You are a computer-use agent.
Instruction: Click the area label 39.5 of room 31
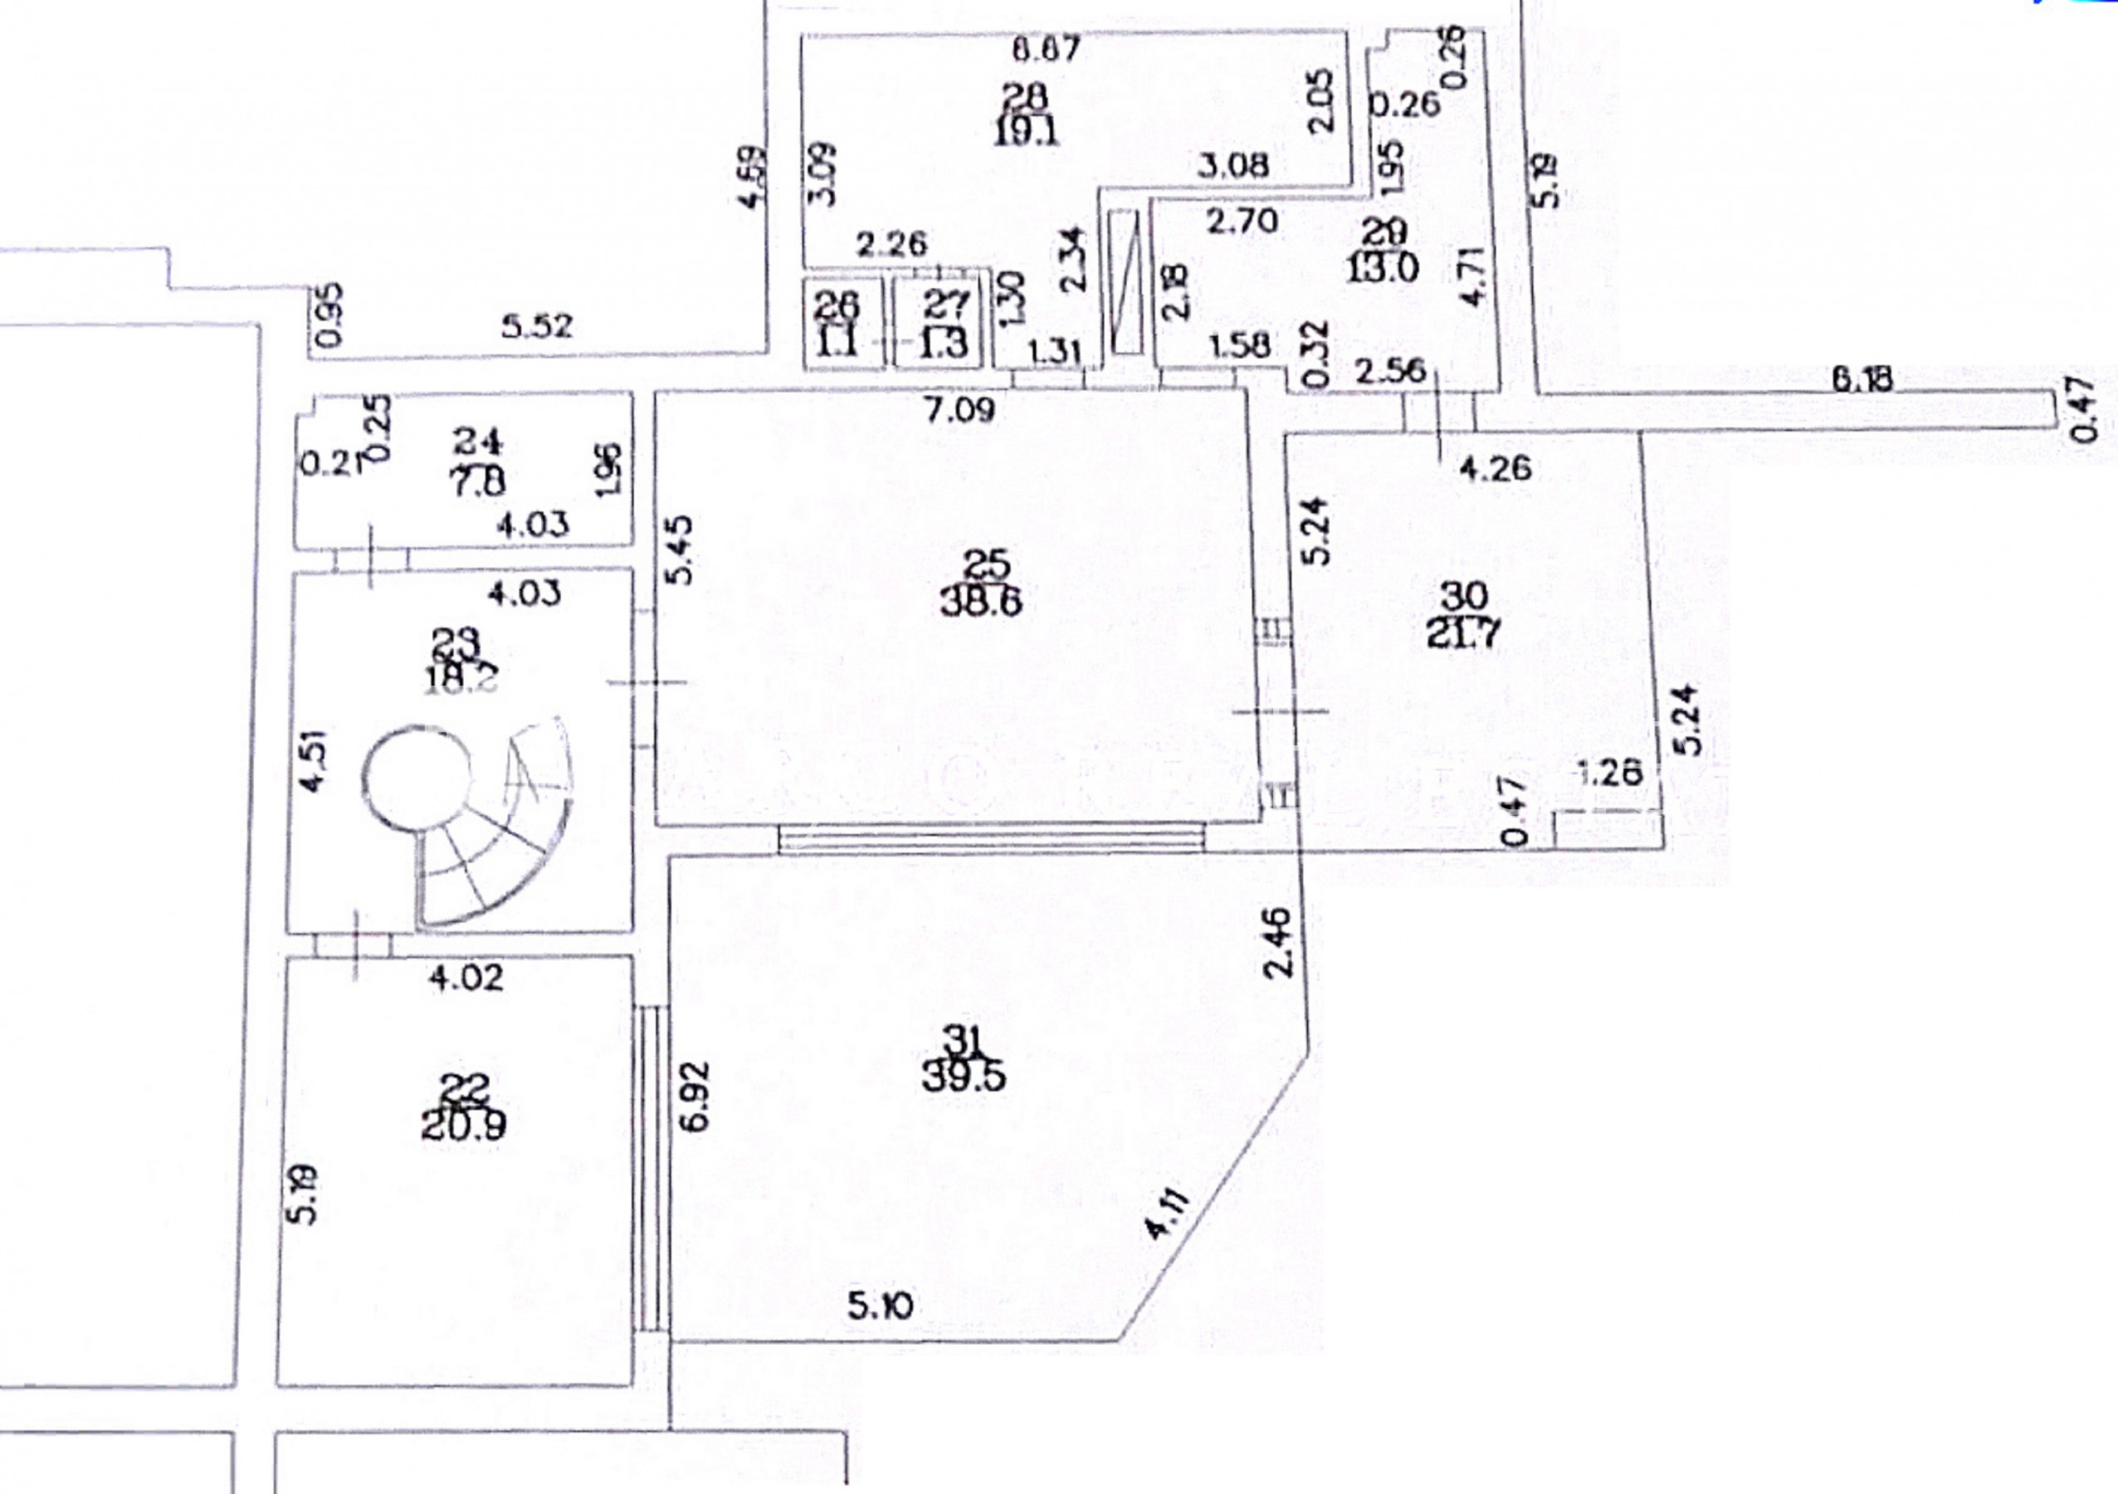(x=964, y=1077)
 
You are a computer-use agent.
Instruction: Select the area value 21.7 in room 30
(x=1464, y=634)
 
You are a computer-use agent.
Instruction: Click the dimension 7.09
(x=961, y=409)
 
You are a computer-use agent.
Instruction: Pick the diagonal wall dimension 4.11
(x=1168, y=1214)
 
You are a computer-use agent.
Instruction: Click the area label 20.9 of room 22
(x=463, y=1125)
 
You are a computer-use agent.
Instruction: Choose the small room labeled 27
(x=944, y=322)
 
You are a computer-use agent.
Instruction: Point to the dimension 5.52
(x=537, y=325)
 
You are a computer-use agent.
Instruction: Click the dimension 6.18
(x=1862, y=378)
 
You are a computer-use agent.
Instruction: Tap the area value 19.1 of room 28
(x=1027, y=131)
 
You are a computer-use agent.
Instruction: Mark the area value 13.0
(x=1381, y=270)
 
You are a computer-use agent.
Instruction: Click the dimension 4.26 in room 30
(x=1495, y=468)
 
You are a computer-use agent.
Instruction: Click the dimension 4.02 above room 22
(x=466, y=977)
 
